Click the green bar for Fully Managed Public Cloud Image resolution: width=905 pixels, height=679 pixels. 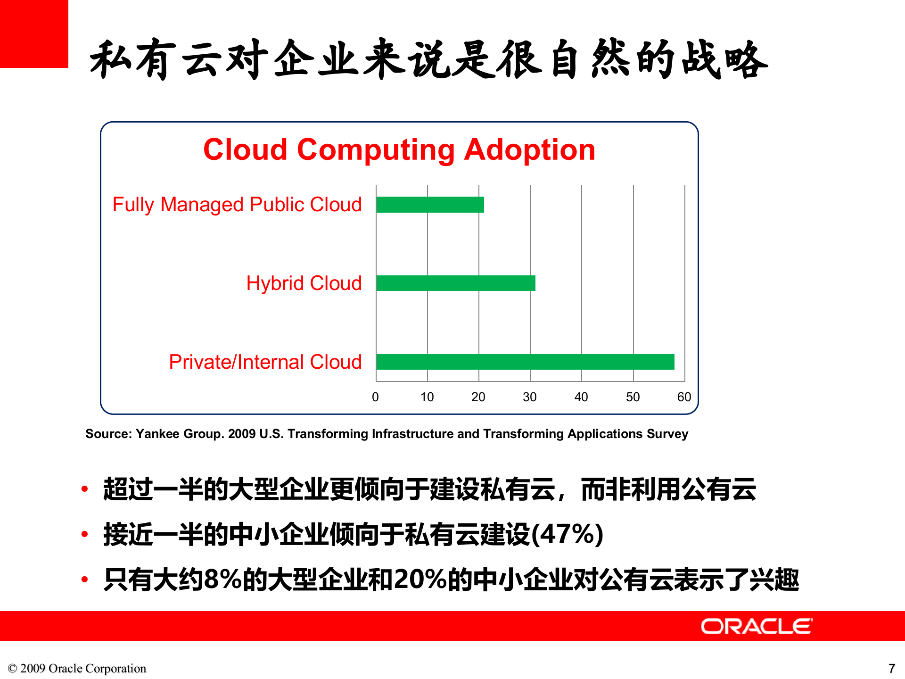click(430, 205)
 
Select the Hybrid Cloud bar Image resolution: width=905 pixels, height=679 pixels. click(456, 283)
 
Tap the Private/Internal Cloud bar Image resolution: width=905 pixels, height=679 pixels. click(525, 362)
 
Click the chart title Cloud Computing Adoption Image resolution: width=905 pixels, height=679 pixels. click(399, 149)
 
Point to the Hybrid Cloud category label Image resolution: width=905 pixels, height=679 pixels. click(304, 283)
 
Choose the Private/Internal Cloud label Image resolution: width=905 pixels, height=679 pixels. click(265, 362)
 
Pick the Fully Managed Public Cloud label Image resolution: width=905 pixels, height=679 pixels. click(237, 205)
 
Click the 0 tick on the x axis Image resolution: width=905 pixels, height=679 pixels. click(375, 397)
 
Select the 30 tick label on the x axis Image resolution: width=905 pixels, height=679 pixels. click(530, 397)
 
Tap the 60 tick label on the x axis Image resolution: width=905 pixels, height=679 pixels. click(684, 397)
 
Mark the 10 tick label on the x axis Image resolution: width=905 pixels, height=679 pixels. click(427, 397)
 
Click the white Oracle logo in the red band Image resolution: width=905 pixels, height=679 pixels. click(757, 626)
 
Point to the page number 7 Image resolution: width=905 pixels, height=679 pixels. click(891, 668)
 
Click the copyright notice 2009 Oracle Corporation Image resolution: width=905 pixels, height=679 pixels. click(77, 668)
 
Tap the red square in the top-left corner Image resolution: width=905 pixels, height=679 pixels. click(34, 34)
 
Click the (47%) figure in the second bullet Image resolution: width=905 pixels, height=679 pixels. click(568, 535)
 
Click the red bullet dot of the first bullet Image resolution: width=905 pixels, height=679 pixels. click(85, 489)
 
